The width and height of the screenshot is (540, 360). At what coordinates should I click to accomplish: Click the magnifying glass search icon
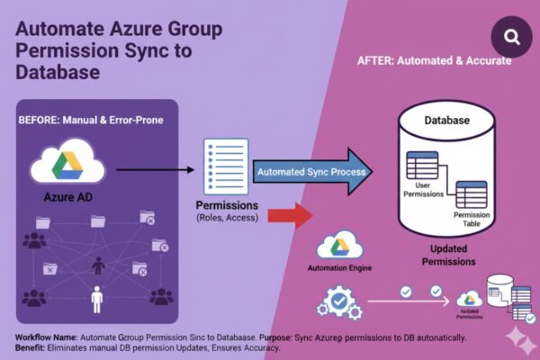[512, 38]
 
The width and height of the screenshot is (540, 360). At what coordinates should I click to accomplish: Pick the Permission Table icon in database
[470, 196]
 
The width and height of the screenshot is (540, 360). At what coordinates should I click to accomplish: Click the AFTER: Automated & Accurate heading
[435, 60]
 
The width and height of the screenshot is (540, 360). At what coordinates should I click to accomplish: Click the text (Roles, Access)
[228, 217]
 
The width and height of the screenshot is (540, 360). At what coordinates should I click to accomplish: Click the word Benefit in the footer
[33, 348]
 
